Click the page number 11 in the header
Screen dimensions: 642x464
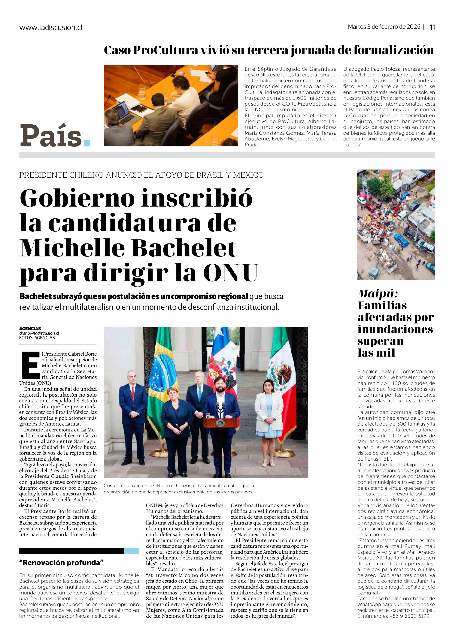[432, 27]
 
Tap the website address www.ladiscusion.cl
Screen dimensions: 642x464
[51, 27]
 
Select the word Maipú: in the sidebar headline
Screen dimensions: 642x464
[378, 294]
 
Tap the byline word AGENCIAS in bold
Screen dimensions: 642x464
[30, 329]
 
